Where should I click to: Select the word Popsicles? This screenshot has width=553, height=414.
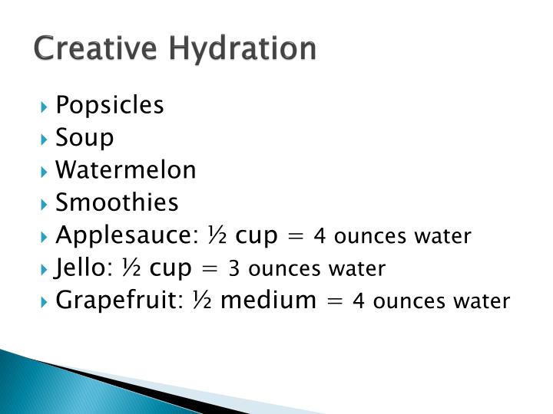click(110, 105)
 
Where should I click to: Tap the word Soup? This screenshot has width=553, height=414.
click(84, 138)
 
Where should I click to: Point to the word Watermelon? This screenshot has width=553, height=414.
click(126, 170)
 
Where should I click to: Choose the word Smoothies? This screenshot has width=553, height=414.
click(117, 202)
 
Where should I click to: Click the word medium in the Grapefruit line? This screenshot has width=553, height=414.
click(268, 301)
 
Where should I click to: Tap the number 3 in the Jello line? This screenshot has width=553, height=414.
click(234, 269)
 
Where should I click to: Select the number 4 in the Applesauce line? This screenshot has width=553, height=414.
click(320, 236)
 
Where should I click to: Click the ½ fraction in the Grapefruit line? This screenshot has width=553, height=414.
click(201, 301)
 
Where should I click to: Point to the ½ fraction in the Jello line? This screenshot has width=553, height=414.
click(131, 268)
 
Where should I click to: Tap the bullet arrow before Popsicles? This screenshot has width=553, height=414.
click(47, 106)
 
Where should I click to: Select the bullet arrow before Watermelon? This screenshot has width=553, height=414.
click(47, 171)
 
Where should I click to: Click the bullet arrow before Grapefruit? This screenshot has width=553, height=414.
click(47, 301)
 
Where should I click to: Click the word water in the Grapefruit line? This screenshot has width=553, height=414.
click(487, 301)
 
